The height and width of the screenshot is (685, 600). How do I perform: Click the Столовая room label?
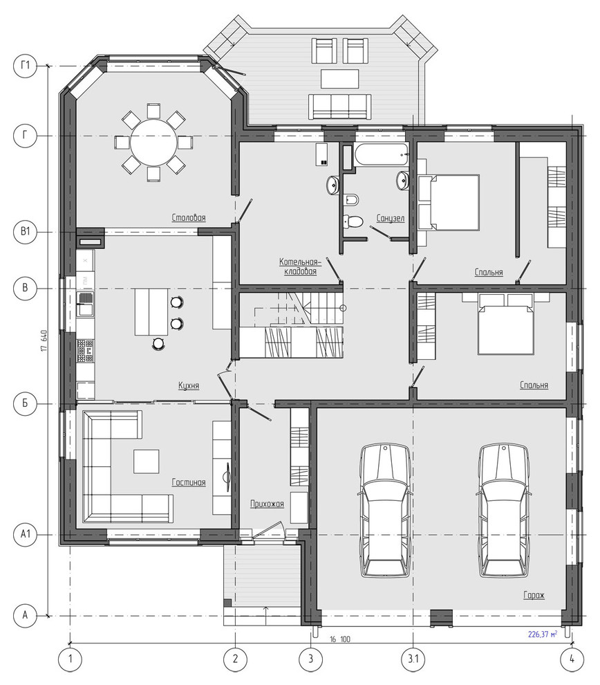pos(189,217)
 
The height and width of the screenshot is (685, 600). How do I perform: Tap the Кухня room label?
pos(189,385)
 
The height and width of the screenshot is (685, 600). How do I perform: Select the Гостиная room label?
pos(189,482)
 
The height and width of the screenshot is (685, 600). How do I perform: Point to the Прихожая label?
pos(267,504)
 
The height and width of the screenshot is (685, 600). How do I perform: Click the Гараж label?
pos(534,595)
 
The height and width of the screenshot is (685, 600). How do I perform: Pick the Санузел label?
pos(391,218)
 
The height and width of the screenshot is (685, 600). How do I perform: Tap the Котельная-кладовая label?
pos(300,266)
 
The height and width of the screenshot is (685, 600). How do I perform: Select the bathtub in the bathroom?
pos(382,155)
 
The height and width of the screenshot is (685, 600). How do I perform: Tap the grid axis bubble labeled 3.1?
pos(413,659)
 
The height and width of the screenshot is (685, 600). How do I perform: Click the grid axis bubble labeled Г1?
pos(25,66)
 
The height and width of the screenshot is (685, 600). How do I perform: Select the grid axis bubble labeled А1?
pos(25,534)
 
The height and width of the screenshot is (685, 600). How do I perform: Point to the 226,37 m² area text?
pos(543,634)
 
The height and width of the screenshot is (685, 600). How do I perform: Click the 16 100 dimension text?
pos(339,639)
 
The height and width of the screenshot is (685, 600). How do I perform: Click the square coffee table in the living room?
pos(147,462)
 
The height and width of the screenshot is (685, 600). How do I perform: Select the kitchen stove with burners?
pos(85,351)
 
